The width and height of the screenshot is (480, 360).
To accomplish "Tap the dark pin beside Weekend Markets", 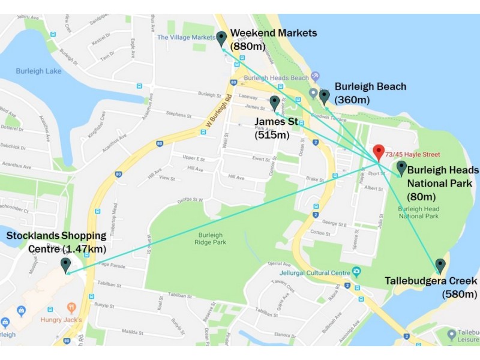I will tap(221, 38).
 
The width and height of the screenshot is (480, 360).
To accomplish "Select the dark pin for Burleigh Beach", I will tap(324, 97).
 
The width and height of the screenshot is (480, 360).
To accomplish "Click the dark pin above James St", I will tap(275, 103).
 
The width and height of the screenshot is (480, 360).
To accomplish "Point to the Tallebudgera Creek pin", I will tap(440, 266).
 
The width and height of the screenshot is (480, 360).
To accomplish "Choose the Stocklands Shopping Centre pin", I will tap(65, 265).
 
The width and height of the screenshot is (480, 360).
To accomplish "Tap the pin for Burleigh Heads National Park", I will tap(401, 167).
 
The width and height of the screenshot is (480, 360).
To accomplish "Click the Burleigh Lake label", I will tap(37, 71).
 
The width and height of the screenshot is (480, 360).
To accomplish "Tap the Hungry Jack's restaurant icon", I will tap(71, 308).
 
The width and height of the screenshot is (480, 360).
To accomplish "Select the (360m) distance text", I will tap(352, 100).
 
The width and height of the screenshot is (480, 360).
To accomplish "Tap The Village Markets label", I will tap(185, 37).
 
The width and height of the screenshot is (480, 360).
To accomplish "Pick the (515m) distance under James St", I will tap(272, 135).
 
